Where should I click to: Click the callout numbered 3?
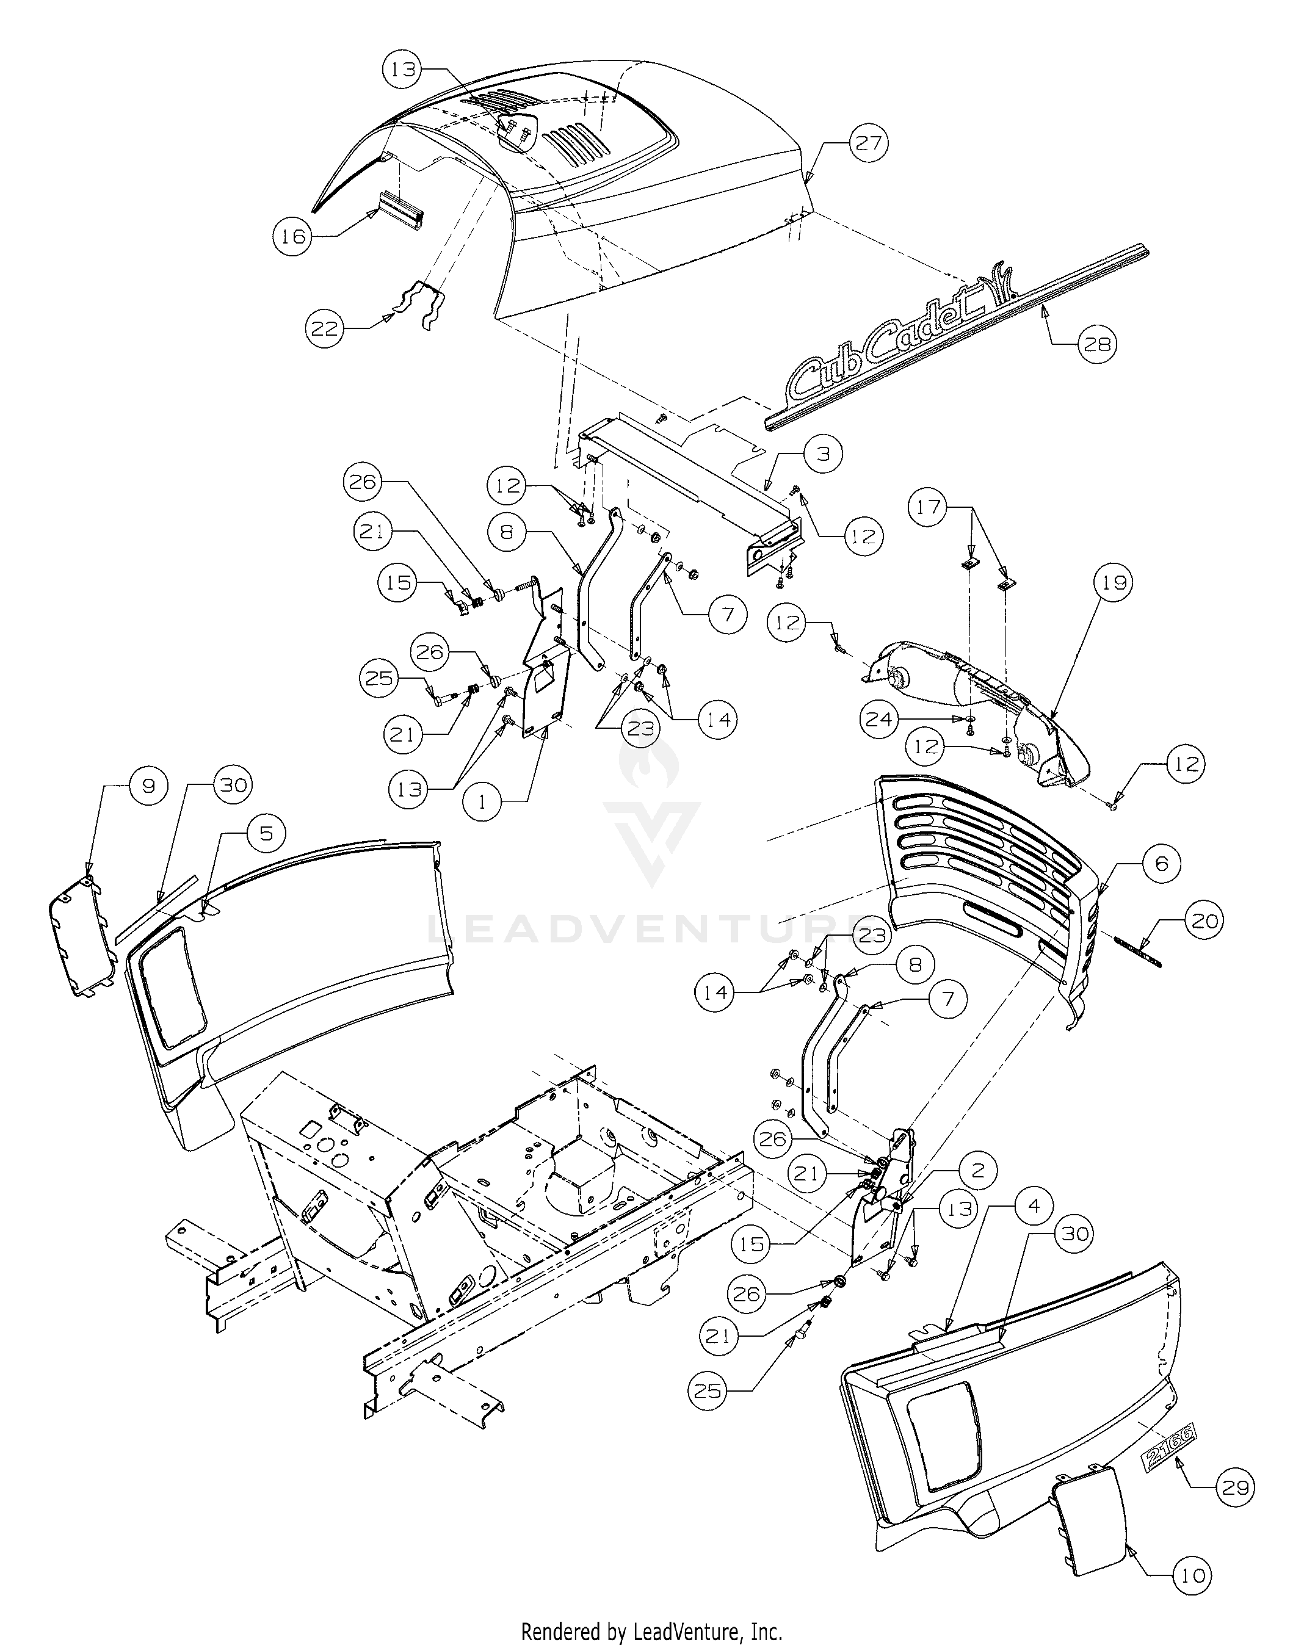[822, 454]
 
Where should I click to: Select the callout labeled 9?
[149, 786]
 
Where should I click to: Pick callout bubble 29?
[1234, 1487]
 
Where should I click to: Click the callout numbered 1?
[482, 801]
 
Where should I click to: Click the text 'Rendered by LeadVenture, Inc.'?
[651, 1627]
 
